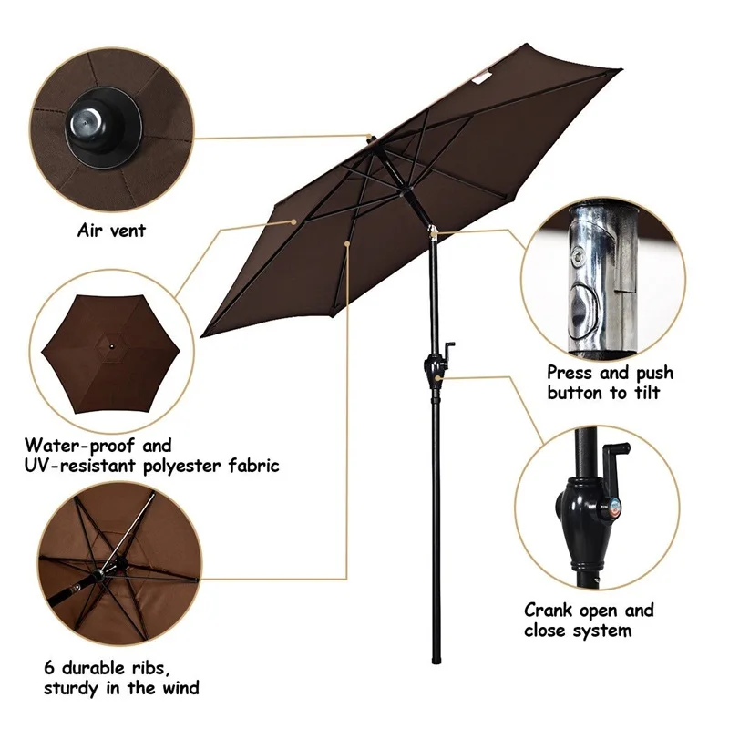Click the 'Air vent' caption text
tap(111, 231)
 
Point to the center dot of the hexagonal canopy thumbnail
tap(111, 346)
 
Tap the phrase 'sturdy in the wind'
tap(121, 687)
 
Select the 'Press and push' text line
tap(610, 373)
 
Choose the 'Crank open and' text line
tap(589, 610)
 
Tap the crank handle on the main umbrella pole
tap(450, 349)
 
